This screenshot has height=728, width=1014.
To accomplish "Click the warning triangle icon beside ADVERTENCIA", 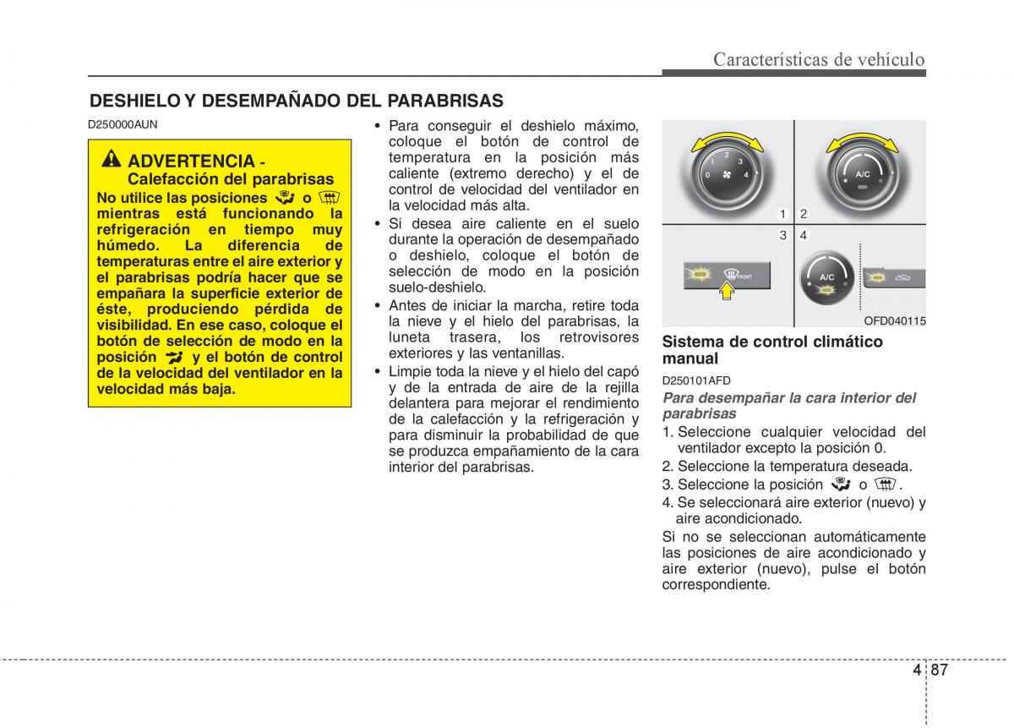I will coord(112,161).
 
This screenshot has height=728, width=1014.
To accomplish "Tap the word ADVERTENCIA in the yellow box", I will coord(192,161).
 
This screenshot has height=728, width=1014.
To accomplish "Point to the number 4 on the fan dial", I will coord(746,174).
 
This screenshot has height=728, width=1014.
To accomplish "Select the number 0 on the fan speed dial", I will coord(706,174).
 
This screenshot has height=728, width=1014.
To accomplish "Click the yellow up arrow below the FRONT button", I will coord(724,292).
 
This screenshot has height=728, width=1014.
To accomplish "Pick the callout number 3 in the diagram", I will coord(783,235).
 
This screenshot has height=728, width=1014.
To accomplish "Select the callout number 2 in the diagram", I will coord(804,215).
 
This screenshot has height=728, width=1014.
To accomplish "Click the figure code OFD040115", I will coord(894,320).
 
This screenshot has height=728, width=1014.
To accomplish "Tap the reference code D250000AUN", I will coord(123,123).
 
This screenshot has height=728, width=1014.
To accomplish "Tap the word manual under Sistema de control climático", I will coord(690,359).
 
